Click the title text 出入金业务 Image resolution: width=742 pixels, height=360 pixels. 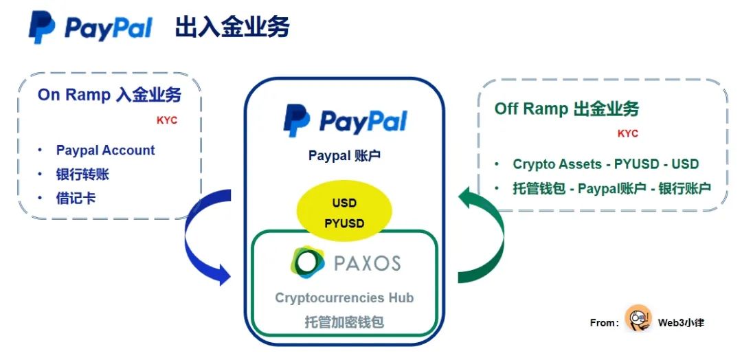232,27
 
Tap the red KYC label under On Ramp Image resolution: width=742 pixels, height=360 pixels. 167,120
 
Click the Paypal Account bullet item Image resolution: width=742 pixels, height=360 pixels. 105,150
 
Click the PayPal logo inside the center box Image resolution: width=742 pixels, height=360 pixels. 345,122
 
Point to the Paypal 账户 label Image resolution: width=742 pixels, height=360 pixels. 344,156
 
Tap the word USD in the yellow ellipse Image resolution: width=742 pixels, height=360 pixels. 344,205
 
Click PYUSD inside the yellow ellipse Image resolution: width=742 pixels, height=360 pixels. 344,223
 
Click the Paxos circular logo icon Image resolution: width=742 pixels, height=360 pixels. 306,262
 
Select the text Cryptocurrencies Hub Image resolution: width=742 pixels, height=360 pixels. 344,297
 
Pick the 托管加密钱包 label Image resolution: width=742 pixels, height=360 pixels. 344,322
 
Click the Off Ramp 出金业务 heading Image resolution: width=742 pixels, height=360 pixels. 567,109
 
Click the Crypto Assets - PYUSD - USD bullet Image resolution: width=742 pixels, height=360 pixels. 605,164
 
